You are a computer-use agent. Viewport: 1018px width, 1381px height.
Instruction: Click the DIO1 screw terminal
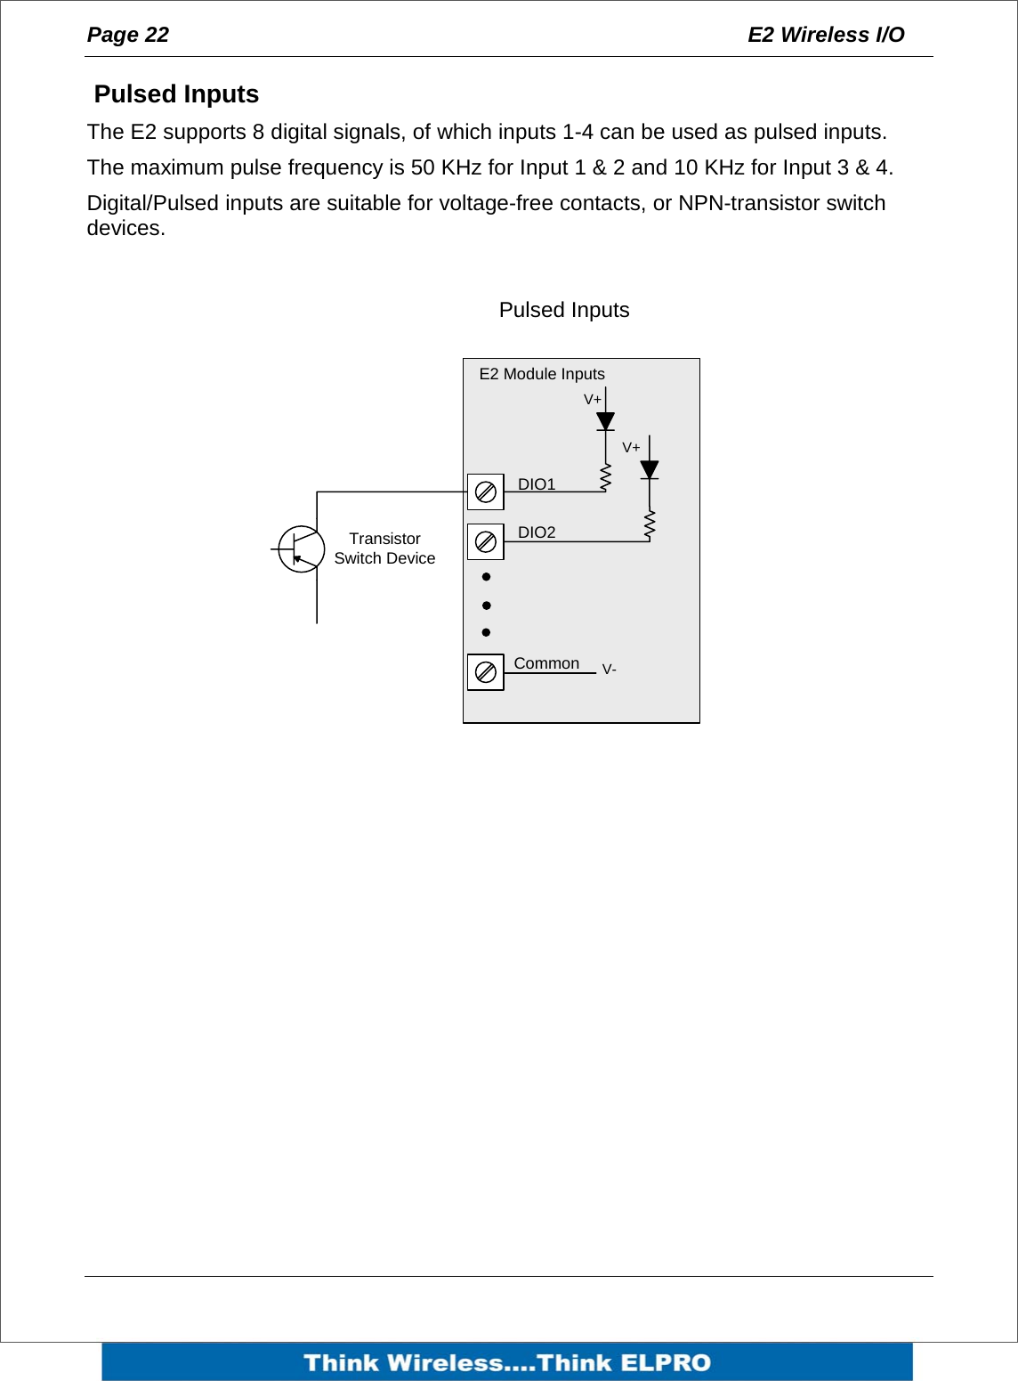(x=486, y=491)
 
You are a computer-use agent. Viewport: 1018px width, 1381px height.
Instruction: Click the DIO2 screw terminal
(x=486, y=541)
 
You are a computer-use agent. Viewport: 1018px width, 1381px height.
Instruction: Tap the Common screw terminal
(x=486, y=672)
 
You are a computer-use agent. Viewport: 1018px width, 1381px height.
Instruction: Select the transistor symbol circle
(x=301, y=549)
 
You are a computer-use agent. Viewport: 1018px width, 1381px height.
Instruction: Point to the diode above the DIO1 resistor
(x=605, y=421)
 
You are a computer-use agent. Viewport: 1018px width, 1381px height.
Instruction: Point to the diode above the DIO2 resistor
(x=650, y=470)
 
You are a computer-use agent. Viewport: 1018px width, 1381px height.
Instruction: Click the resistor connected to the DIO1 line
(x=605, y=478)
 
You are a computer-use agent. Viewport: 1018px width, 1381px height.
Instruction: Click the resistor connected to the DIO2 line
(x=650, y=525)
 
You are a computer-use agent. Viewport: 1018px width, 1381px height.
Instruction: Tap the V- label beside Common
(x=610, y=670)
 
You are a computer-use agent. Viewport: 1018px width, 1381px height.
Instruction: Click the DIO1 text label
(x=537, y=484)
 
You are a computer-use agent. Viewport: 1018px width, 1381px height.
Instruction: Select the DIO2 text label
(x=537, y=532)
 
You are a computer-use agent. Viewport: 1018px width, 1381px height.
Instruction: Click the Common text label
(x=546, y=663)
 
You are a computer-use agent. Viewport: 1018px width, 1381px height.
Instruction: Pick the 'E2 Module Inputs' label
(x=542, y=374)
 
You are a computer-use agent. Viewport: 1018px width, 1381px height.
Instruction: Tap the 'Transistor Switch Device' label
(x=384, y=548)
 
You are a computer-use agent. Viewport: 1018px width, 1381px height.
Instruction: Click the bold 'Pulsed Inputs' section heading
(x=176, y=94)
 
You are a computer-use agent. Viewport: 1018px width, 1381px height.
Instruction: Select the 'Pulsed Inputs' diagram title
(x=564, y=310)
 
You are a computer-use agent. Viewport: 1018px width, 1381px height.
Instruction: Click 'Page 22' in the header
(x=128, y=35)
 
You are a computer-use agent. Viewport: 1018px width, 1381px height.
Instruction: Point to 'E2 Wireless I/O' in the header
(x=826, y=35)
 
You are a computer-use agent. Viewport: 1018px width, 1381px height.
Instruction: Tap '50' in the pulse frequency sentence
(x=423, y=167)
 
